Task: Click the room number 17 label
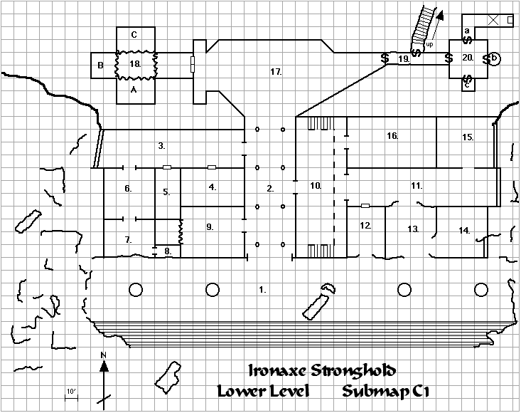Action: (276, 72)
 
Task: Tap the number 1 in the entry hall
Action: (262, 290)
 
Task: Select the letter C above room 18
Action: (134, 34)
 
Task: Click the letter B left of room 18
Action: (101, 66)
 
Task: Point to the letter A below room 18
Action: (134, 90)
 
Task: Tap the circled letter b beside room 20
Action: (495, 58)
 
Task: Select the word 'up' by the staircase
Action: (429, 44)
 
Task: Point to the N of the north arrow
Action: (103, 355)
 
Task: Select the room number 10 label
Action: (316, 185)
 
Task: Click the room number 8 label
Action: (167, 251)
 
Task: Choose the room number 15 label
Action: (468, 136)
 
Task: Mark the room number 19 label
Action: (403, 59)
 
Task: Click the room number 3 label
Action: (162, 146)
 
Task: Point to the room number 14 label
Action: (464, 230)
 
